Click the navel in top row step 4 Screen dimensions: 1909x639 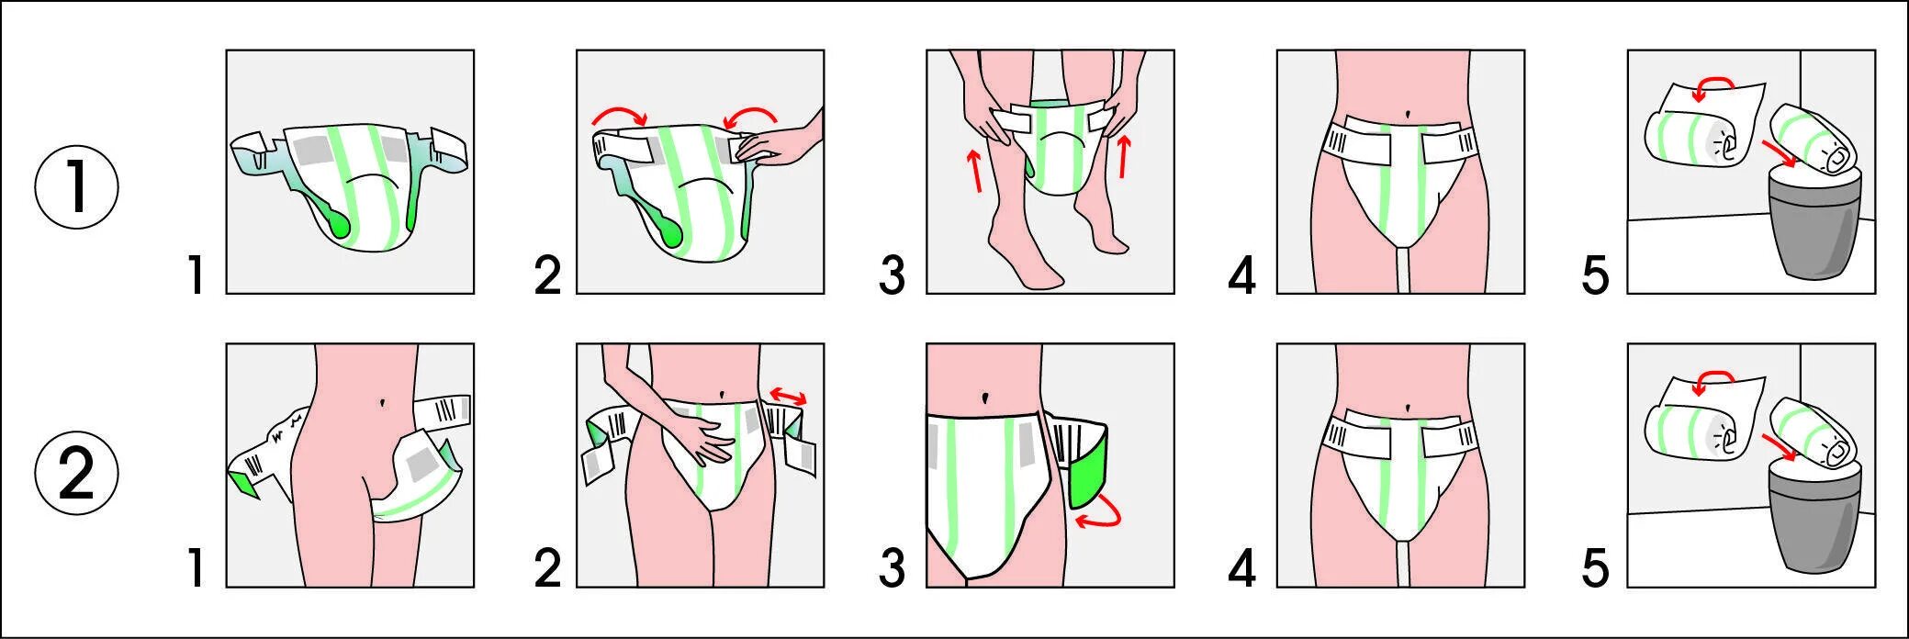point(1408,113)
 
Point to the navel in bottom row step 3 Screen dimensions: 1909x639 point(985,398)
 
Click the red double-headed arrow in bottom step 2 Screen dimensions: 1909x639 point(788,396)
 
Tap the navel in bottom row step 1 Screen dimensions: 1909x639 point(382,401)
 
